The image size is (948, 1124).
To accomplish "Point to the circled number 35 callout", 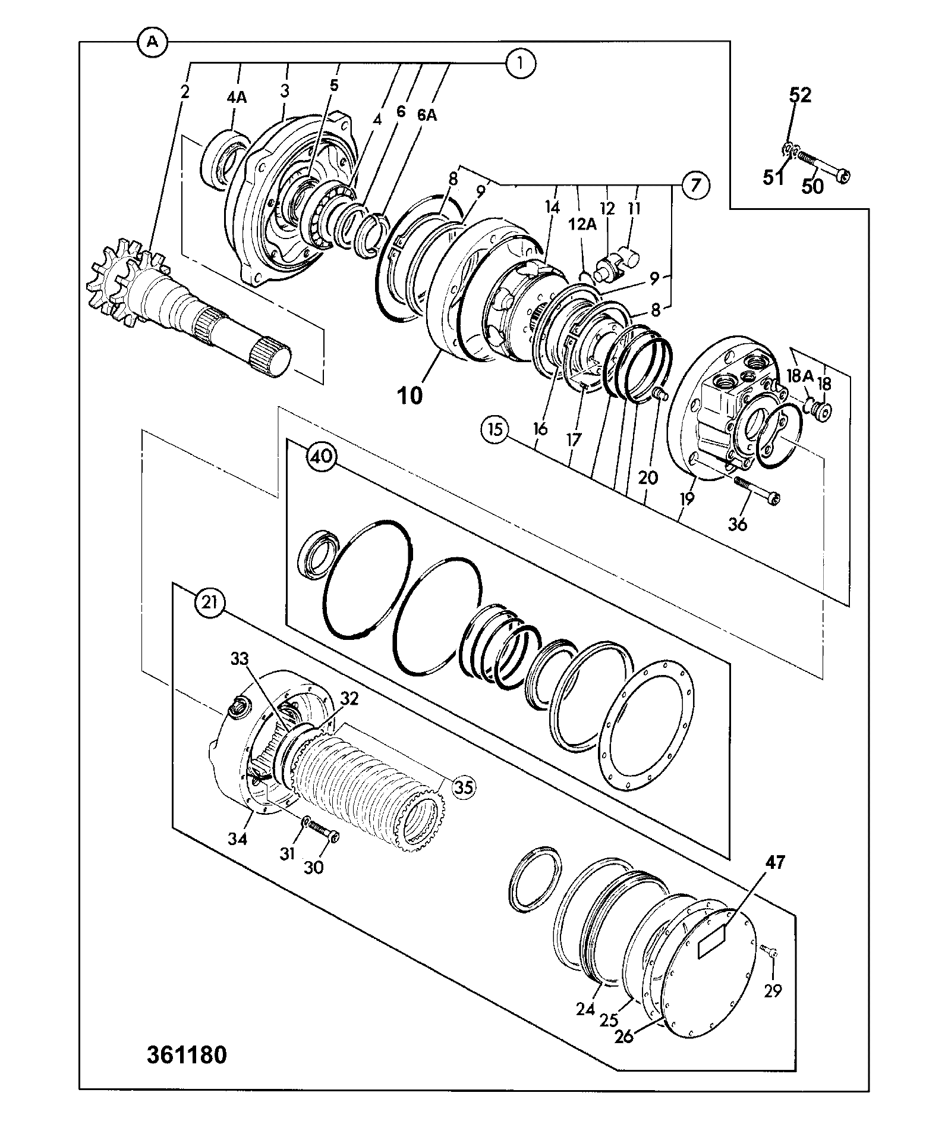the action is pyautogui.click(x=464, y=787).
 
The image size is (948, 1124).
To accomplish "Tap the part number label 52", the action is pyautogui.click(x=800, y=95).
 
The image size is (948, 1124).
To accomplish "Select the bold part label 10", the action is pyautogui.click(x=410, y=396).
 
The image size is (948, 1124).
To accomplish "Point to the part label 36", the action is pyautogui.click(x=738, y=525).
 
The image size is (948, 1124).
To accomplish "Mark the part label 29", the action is pyautogui.click(x=773, y=991).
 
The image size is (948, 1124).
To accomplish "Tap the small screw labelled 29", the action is pyautogui.click(x=771, y=952).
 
